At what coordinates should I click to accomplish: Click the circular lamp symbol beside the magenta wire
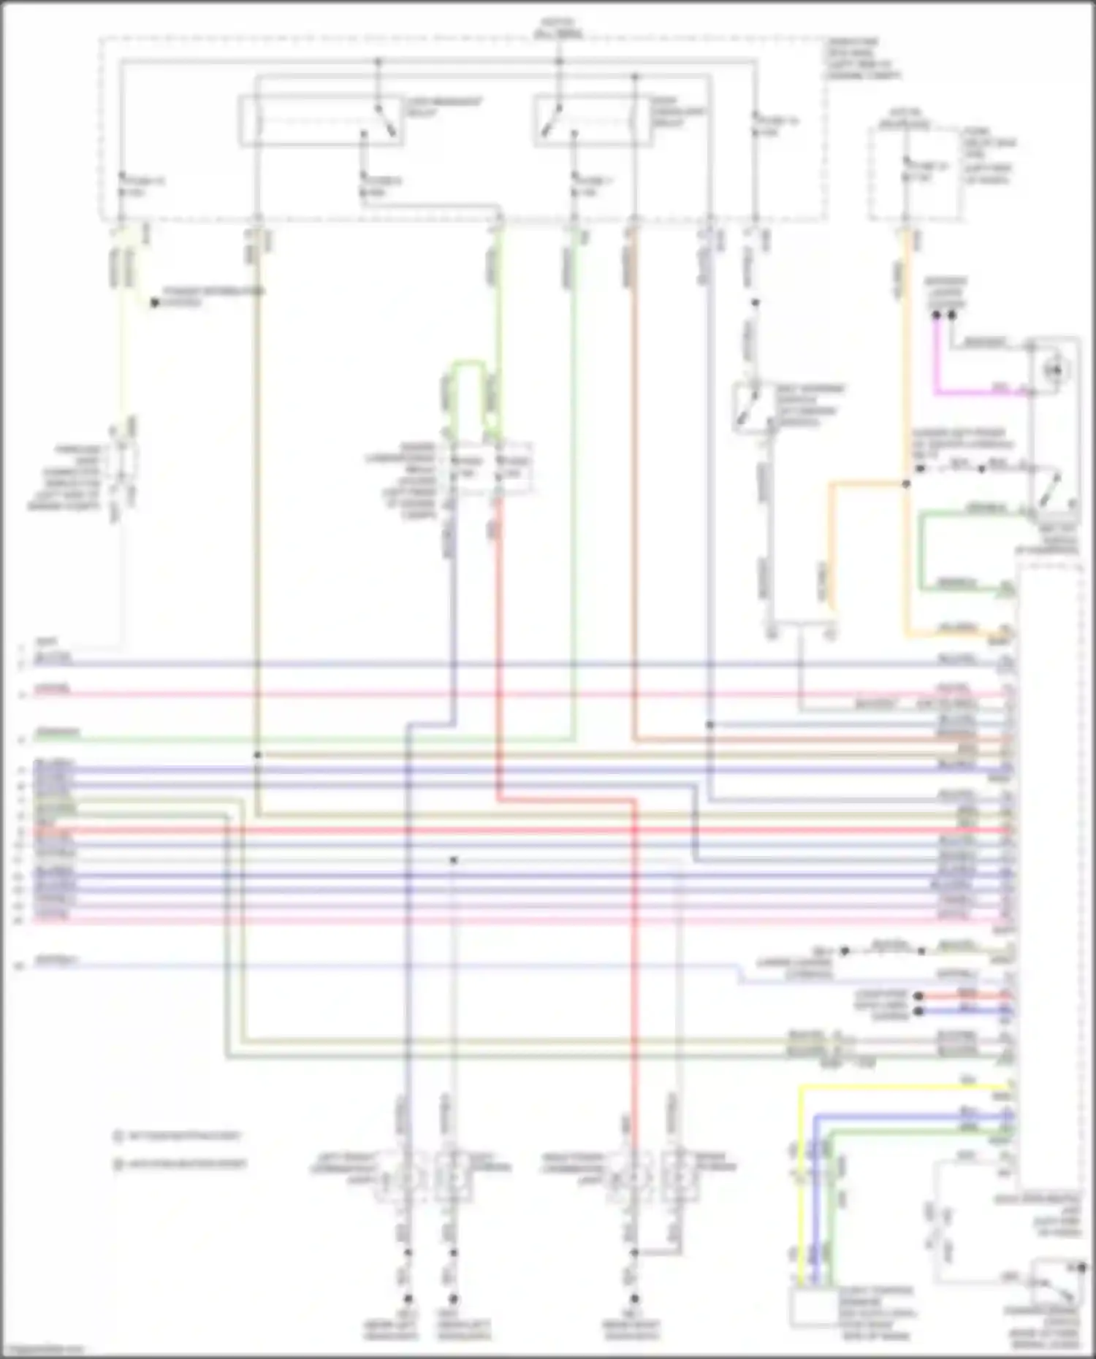click(x=1055, y=371)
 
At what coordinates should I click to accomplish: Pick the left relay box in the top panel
click(x=321, y=120)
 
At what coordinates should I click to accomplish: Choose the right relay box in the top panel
click(x=593, y=120)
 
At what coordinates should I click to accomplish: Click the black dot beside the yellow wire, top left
click(x=154, y=302)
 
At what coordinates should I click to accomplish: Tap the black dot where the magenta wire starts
click(x=936, y=315)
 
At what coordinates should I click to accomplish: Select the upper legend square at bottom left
click(x=118, y=1136)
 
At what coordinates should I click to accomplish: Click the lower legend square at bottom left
click(x=118, y=1164)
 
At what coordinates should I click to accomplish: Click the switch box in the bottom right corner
click(x=1057, y=1282)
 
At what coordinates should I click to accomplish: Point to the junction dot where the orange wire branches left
click(x=906, y=483)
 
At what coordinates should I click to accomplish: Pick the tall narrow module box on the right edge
click(x=1049, y=876)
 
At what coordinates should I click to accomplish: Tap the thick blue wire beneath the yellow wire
click(x=913, y=1116)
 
